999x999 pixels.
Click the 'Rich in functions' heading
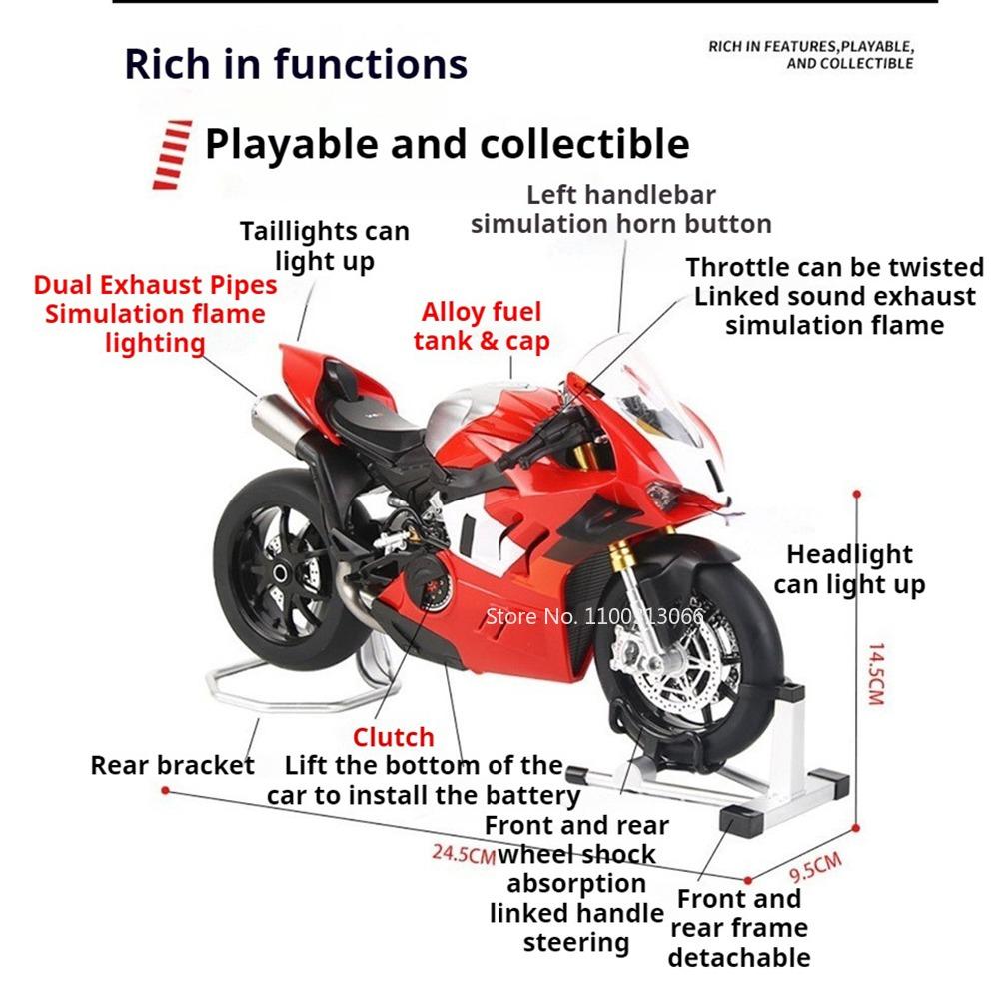[296, 64]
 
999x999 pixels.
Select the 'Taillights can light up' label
[325, 246]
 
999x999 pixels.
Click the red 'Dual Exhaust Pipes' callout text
[155, 285]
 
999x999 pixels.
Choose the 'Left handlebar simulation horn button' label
[620, 209]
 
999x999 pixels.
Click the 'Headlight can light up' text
[849, 569]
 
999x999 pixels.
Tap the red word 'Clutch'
[393, 737]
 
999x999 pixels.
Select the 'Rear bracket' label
[172, 766]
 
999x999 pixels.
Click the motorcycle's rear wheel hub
[283, 572]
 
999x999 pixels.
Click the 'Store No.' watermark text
[593, 615]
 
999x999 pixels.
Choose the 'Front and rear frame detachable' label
[739, 928]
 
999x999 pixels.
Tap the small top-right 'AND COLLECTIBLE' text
[849, 63]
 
